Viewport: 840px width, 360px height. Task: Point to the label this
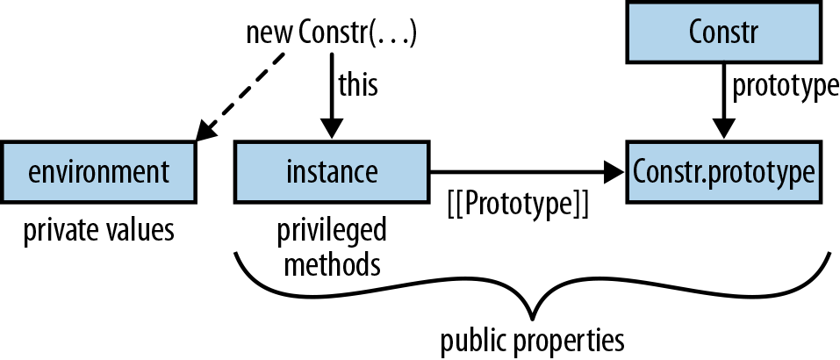coord(358,86)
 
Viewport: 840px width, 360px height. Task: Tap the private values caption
coord(98,230)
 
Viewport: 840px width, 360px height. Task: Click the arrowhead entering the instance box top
coord(332,129)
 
